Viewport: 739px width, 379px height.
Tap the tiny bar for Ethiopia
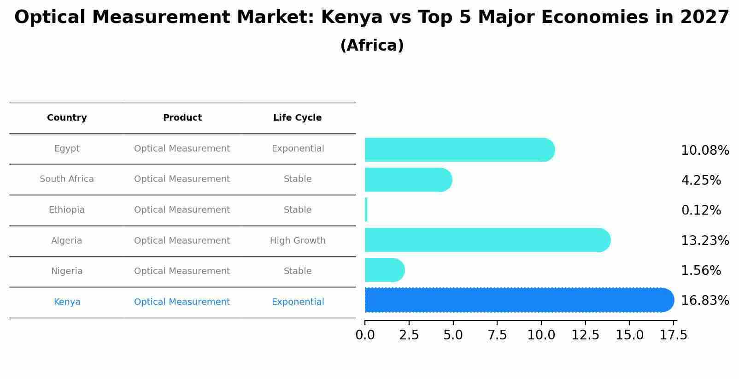pos(366,210)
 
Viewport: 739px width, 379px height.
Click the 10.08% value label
pos(704,151)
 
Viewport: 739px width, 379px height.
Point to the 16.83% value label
pos(704,301)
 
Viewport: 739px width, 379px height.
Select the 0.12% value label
pos(701,210)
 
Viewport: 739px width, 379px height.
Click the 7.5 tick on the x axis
pos(497,335)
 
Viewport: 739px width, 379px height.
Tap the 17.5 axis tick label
pos(673,335)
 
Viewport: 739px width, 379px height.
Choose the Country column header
pos(67,118)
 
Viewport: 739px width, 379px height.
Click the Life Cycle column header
pos(297,118)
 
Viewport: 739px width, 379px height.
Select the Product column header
pos(182,118)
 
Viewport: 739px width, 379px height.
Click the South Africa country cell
pos(67,179)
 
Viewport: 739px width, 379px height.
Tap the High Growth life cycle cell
pos(298,240)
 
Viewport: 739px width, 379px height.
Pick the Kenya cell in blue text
pos(67,302)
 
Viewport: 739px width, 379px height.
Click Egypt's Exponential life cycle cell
pos(298,149)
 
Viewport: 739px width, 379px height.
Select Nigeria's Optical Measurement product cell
pos(182,271)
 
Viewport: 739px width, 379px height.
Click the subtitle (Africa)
pos(372,46)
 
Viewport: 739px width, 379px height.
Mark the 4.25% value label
pos(701,181)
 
